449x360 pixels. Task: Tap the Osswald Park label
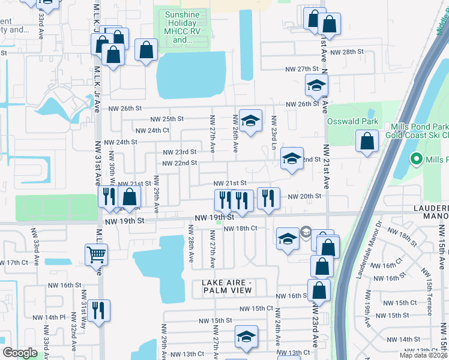352,121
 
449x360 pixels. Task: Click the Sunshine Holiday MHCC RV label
183,26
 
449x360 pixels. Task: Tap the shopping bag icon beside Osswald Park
367,142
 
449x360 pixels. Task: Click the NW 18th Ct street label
240,228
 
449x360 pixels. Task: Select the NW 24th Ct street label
152,130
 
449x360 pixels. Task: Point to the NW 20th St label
304,196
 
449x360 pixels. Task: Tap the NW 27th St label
301,70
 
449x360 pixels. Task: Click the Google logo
20,352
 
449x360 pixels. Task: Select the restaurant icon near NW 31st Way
100,310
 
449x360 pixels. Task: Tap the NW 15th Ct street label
256,308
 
